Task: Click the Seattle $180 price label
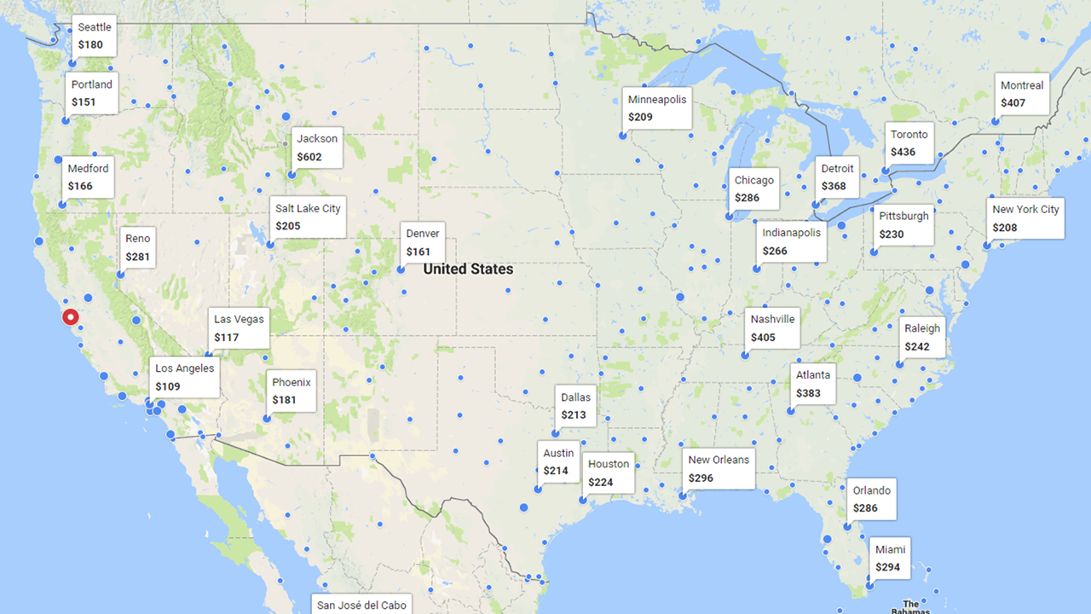(x=94, y=36)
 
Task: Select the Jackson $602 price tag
(x=317, y=148)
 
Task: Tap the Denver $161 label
(x=423, y=242)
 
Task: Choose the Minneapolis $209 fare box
(x=656, y=108)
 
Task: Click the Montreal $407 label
(x=1022, y=94)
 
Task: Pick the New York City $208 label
(x=1025, y=218)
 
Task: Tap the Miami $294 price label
(x=890, y=558)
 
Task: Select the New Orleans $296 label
(x=719, y=468)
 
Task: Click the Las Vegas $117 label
(x=239, y=328)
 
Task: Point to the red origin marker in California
(x=71, y=317)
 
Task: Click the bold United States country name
(x=468, y=269)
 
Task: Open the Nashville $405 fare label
(x=772, y=328)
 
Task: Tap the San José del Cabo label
(x=361, y=605)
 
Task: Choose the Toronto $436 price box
(x=909, y=143)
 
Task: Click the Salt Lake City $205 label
(x=307, y=217)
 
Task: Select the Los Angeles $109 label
(x=185, y=377)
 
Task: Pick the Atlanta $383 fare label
(x=812, y=384)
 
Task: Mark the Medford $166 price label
(x=88, y=177)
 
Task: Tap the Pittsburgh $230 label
(x=903, y=225)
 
